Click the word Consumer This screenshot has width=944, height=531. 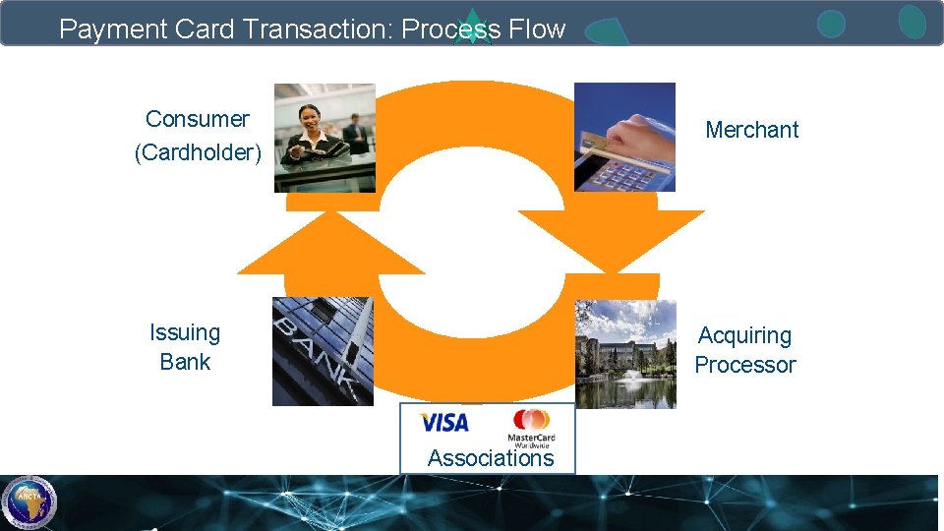[x=197, y=119]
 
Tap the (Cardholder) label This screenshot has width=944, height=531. [x=198, y=153]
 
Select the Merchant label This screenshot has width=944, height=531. [x=752, y=130]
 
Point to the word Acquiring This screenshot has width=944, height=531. [x=744, y=336]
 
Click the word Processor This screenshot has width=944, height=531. [x=745, y=365]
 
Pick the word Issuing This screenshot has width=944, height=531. [x=185, y=332]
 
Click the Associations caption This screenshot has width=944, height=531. [x=491, y=458]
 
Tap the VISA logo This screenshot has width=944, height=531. [x=444, y=423]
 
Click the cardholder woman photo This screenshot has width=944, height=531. [x=324, y=138]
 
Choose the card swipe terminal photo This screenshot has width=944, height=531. [x=624, y=138]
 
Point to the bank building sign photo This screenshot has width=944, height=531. [x=323, y=351]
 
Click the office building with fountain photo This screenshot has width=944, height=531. [x=624, y=354]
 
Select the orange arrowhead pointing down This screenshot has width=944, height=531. [x=612, y=241]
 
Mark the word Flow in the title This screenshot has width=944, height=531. [x=537, y=29]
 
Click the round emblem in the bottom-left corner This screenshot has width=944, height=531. [x=29, y=502]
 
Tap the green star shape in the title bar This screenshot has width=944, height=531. [x=473, y=27]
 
